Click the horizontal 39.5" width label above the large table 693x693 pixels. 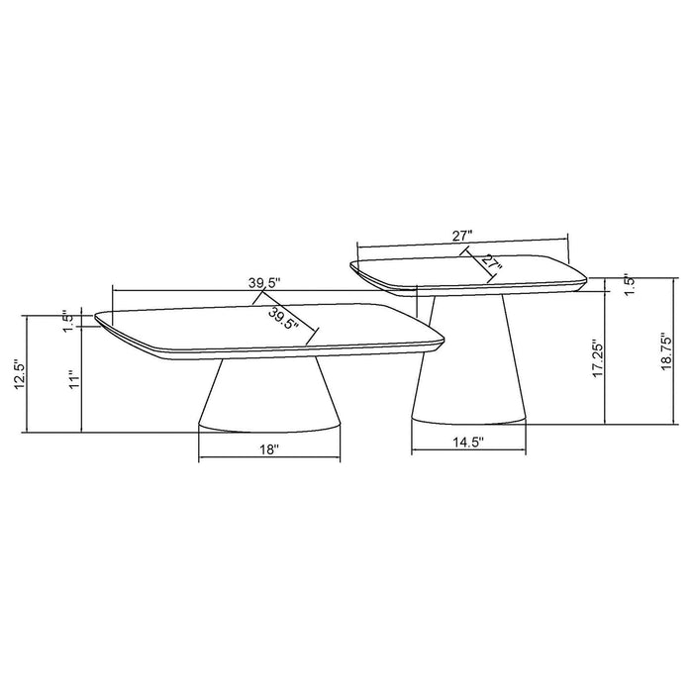click(x=264, y=282)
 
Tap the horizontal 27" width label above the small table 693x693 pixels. click(x=461, y=236)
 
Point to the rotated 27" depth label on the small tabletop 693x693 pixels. click(x=490, y=264)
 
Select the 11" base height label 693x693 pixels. click(x=71, y=380)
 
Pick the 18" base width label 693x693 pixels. click(x=268, y=448)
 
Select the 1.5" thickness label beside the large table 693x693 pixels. click(x=67, y=322)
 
